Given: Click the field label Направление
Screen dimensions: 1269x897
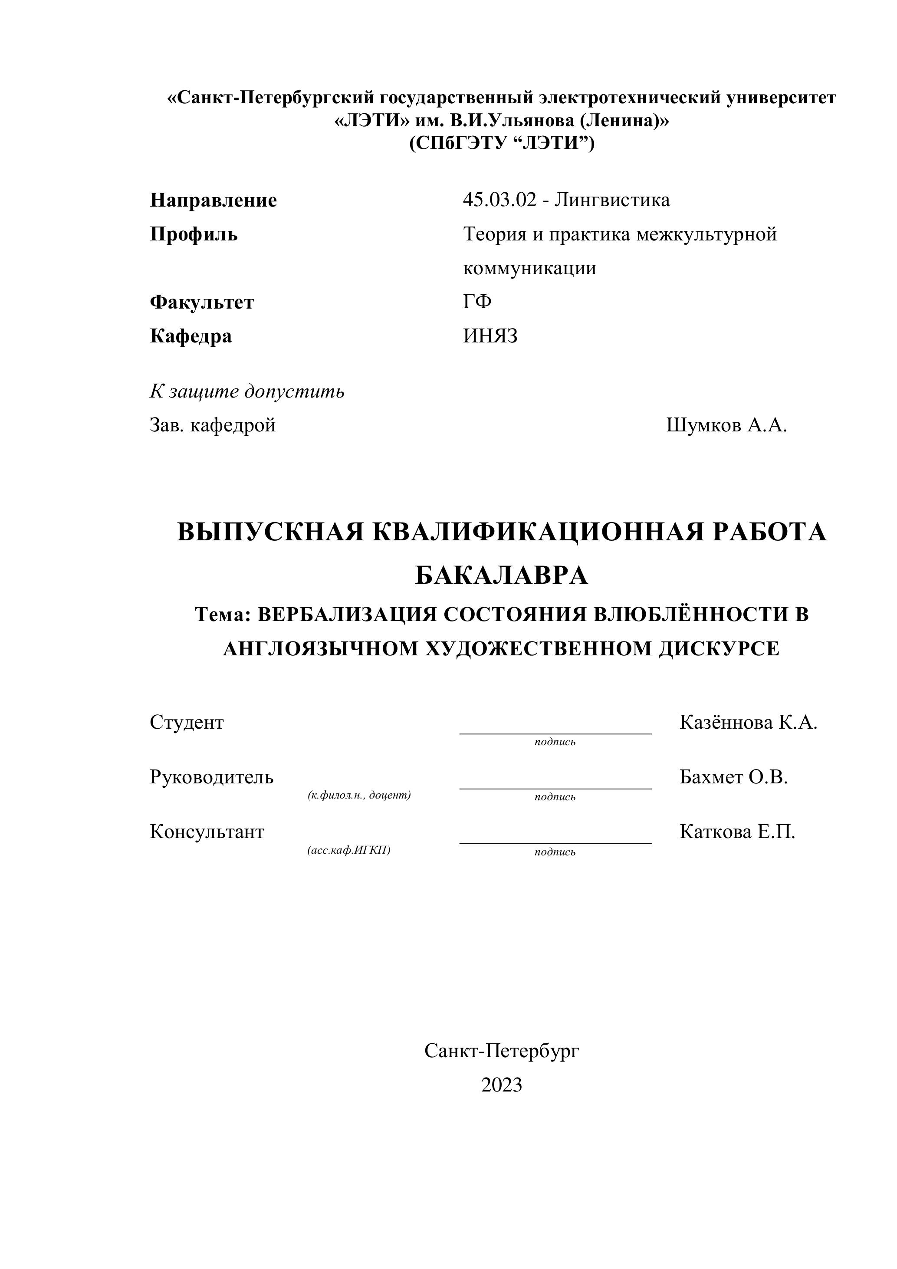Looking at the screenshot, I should pos(214,200).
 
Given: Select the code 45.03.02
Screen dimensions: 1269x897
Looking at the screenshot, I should pos(499,200).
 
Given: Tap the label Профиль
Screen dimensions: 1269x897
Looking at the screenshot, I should pos(194,234).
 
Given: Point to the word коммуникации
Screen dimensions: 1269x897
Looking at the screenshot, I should pos(529,269).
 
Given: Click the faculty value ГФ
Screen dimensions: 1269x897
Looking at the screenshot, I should pos(477,302).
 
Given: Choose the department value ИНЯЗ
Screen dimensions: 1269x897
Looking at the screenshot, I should pos(490,336).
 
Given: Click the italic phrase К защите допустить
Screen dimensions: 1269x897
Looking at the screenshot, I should pos(247,391).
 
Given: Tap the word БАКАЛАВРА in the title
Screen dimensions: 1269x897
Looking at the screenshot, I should pos(501,576).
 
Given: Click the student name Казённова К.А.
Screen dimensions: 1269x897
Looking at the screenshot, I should pos(748,722).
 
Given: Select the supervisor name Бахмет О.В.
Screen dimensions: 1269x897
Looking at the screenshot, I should pos(733,777).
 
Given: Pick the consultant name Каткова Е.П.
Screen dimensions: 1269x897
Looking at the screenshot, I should pos(737,832).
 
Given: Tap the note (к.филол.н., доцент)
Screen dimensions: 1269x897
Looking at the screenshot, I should pos(359,796).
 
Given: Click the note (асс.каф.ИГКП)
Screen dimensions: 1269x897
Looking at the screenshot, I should pos(349,850).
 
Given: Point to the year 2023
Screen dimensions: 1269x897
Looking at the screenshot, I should pos(501,1085).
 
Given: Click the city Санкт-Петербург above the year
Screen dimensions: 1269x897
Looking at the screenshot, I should pos(501,1051).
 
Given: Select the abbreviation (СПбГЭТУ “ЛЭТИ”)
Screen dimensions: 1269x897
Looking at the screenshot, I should pos(501,143).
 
